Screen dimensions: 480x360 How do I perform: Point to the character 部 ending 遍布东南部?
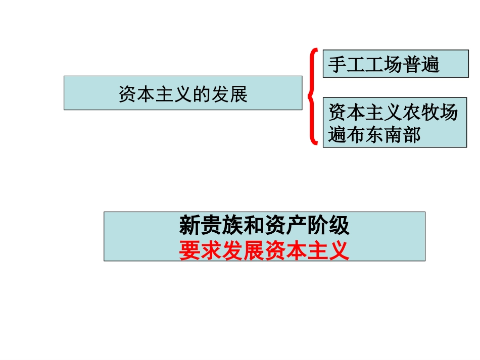[411, 135]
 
